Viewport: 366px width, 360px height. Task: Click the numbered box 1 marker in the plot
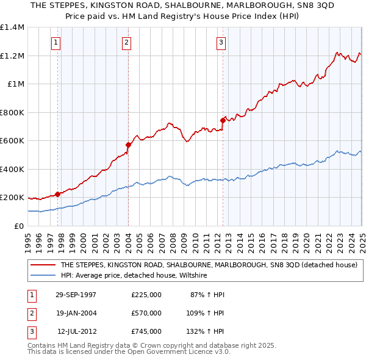click(x=56, y=43)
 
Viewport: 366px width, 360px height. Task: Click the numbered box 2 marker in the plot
click(x=126, y=43)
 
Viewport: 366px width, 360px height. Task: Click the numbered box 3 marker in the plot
click(x=221, y=43)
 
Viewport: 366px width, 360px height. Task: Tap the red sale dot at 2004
click(x=129, y=145)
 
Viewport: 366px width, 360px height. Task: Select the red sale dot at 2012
click(x=223, y=120)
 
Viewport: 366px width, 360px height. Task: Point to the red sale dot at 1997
click(x=58, y=194)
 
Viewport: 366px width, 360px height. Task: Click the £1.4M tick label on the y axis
click(x=12, y=27)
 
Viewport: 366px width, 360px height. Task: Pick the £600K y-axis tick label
click(x=12, y=141)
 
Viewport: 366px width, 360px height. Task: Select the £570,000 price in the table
click(x=146, y=313)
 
